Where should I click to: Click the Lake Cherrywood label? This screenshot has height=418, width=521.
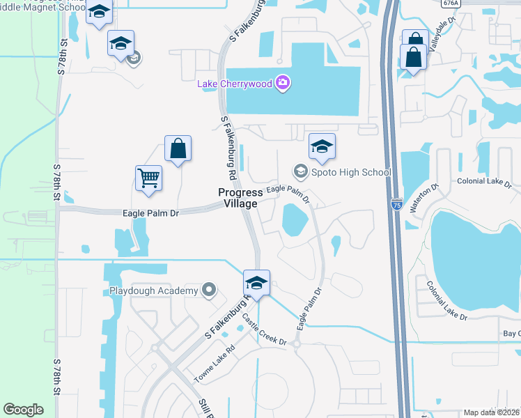[x=235, y=84]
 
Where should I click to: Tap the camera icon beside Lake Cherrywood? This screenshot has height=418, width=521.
[x=282, y=84]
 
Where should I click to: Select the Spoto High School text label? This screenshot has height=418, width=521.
[x=351, y=172]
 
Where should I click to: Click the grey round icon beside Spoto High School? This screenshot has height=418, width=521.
[x=300, y=171]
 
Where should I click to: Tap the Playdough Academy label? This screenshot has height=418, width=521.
[x=154, y=291]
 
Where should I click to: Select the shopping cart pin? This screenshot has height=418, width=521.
[x=149, y=179]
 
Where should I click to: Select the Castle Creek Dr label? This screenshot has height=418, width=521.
[x=265, y=330]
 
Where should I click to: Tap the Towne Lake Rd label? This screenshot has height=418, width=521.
[x=215, y=367]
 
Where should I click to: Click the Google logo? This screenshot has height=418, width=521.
[x=23, y=410]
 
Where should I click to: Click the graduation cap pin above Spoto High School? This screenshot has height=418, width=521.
[x=322, y=147]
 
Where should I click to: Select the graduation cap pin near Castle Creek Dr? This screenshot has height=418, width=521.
[x=256, y=284]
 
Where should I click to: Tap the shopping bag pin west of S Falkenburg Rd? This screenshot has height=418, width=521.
[x=178, y=148]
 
